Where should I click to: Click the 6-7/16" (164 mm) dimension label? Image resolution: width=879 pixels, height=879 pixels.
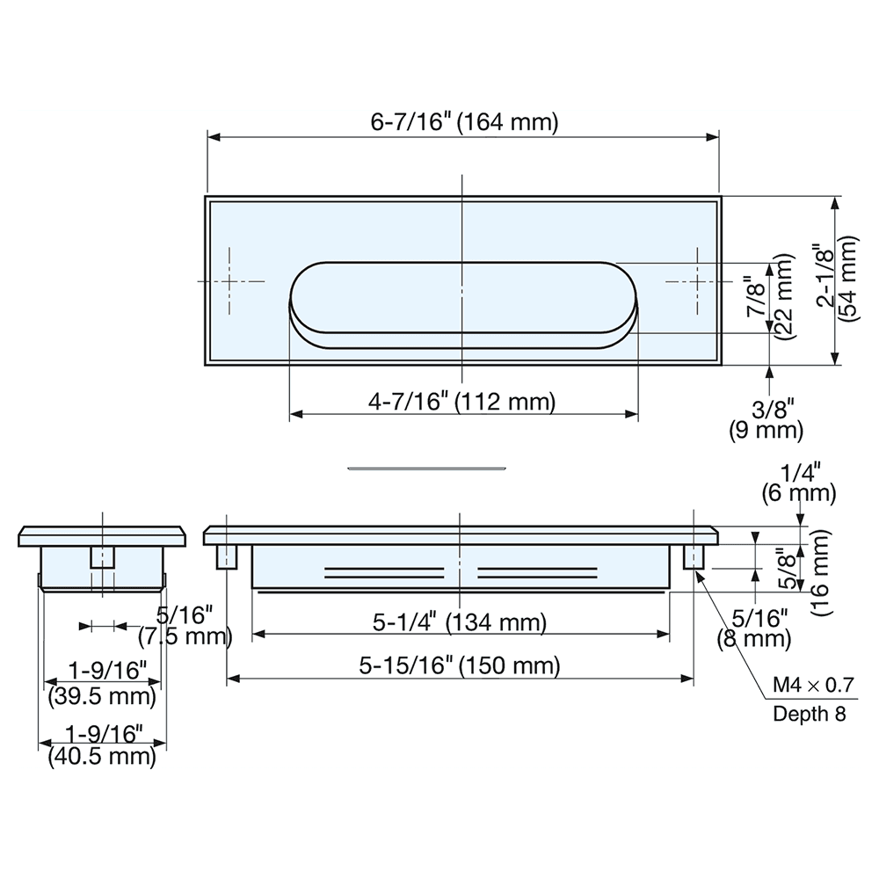tap(463, 122)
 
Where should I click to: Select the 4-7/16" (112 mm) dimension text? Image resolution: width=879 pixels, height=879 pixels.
tap(463, 403)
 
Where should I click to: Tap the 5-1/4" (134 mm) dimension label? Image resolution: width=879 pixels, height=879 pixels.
tap(460, 622)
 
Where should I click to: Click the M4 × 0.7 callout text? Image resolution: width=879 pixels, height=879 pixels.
tap(813, 685)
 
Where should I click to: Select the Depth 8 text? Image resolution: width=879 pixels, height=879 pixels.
tap(809, 713)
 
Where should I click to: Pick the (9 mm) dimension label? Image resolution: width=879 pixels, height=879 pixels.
tap(766, 431)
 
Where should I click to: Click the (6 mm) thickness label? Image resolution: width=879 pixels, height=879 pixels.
tap(800, 493)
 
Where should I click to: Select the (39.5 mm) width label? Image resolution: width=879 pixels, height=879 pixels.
tap(101, 697)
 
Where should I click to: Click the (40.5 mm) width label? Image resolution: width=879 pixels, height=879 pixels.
tap(101, 755)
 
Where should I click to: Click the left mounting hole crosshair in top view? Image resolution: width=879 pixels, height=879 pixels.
tap(230, 281)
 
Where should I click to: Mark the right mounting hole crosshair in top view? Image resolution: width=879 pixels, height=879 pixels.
tap(696, 281)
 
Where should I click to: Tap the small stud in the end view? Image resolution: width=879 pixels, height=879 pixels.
tap(103, 557)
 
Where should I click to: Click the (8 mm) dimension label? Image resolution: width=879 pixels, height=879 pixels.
tap(753, 638)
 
